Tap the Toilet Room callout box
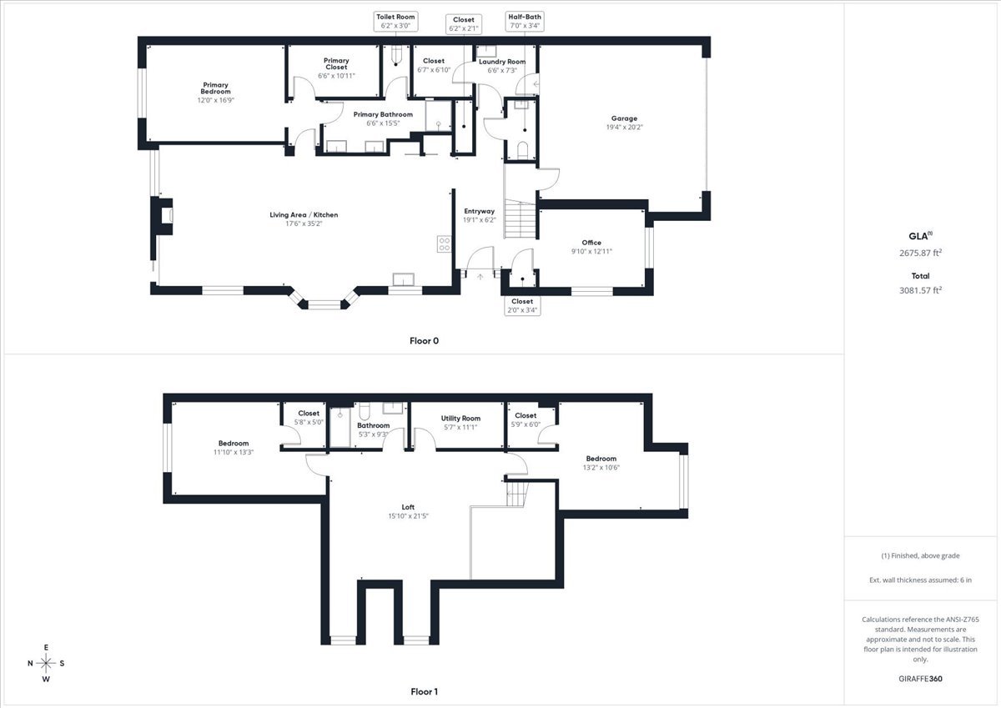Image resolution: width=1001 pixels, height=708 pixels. tap(395, 22)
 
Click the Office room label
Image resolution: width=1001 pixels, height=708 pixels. tap(591, 247)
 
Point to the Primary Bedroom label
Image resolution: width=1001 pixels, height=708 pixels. tap(215, 92)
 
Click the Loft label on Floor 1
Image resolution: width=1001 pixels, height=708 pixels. tap(408, 511)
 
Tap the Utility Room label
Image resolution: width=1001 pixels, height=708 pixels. tap(460, 422)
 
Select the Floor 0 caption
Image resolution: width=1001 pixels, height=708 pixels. tap(424, 340)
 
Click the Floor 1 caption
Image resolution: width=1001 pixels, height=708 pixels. tap(424, 691)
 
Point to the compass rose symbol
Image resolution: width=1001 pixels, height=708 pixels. tap(47, 663)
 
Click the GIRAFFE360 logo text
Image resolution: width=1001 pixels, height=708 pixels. tap(921, 679)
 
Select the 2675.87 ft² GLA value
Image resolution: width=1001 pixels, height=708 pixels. tap(920, 252)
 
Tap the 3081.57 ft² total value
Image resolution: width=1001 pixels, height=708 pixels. tap(920, 290)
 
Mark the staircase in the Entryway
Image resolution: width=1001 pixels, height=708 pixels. tap(518, 218)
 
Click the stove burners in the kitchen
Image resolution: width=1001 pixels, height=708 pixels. tap(445, 244)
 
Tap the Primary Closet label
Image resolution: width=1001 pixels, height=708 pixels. tap(336, 68)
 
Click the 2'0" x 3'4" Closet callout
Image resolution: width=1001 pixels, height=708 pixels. tap(522, 306)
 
